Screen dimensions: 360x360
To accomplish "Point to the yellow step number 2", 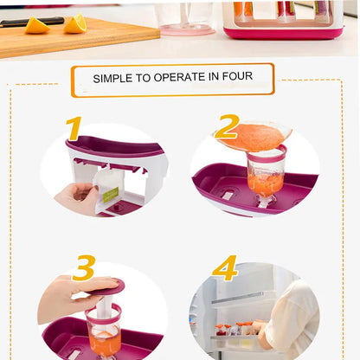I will (227, 126).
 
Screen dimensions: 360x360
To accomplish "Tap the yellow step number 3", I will (83, 267).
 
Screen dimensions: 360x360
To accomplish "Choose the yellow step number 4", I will (224, 267).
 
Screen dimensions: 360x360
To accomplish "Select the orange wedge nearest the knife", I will (37, 26).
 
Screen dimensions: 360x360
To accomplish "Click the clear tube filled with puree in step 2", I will (265, 174).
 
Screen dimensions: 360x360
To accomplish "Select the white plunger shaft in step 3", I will (103, 305).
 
